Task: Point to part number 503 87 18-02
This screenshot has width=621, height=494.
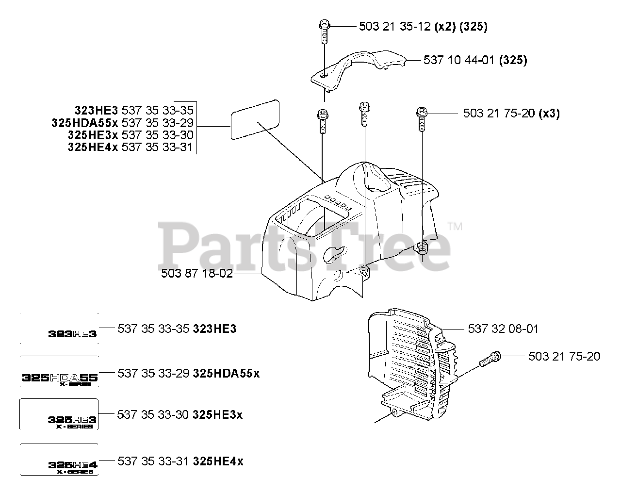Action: pos(196,274)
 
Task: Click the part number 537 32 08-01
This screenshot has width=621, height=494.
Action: pos(503,329)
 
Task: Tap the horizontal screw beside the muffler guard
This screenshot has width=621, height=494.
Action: pos(490,361)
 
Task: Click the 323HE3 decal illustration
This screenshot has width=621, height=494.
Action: pos(72,334)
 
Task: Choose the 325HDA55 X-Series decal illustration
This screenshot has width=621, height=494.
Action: pos(60,379)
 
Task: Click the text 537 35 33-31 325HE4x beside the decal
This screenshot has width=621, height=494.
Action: pos(180,461)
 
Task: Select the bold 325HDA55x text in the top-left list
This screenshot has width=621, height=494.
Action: pos(84,123)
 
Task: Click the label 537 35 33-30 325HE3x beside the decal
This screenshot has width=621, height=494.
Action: pos(180,415)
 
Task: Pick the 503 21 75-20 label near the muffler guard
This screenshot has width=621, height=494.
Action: pos(564,357)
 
